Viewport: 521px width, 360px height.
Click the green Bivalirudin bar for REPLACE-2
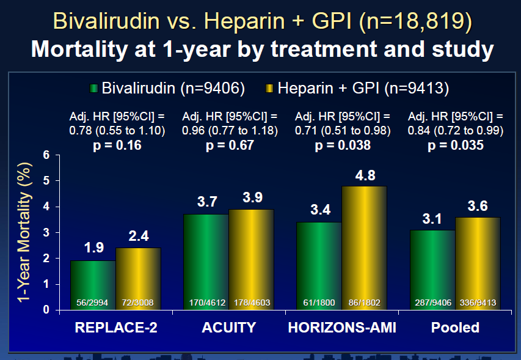[x=93, y=285]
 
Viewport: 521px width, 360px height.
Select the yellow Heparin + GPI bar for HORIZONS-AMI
[x=364, y=248]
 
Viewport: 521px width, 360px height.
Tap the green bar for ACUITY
[x=206, y=262]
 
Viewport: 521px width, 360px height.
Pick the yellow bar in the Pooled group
[x=478, y=263]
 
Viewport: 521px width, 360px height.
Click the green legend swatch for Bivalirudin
[x=93, y=89]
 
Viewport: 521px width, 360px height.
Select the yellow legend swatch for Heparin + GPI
[x=269, y=89]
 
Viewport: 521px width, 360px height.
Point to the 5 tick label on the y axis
[x=46, y=181]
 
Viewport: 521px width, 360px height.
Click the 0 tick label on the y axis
[x=46, y=310]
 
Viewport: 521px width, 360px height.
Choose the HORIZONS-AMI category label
[x=342, y=328]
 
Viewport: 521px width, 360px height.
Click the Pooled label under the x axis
[x=455, y=328]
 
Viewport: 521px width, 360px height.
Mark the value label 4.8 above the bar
[x=365, y=175]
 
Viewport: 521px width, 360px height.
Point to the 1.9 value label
[x=94, y=248]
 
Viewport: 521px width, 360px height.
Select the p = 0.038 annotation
[x=343, y=145]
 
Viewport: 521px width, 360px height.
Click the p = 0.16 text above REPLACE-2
[x=117, y=145]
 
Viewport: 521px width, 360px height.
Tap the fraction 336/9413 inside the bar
[x=478, y=303]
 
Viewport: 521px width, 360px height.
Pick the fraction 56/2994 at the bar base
[x=92, y=303]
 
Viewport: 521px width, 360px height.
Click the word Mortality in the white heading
[x=80, y=49]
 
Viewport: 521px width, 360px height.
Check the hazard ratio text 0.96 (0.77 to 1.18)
[x=230, y=130]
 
